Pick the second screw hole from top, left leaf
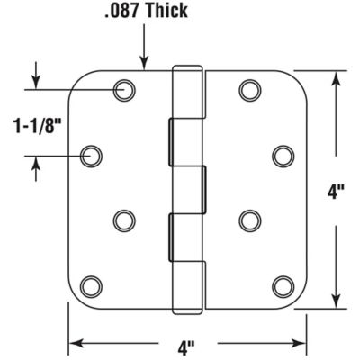(91, 157)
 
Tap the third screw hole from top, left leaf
(123, 219)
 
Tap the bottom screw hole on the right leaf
(283, 286)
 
